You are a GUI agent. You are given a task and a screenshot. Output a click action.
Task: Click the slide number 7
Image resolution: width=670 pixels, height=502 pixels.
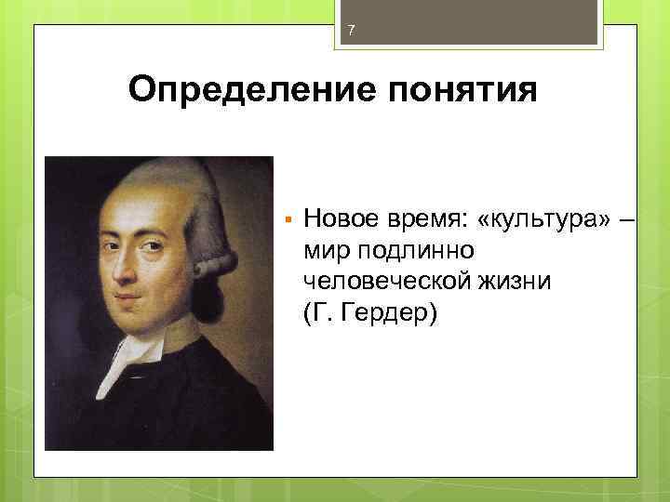tap(351, 32)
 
